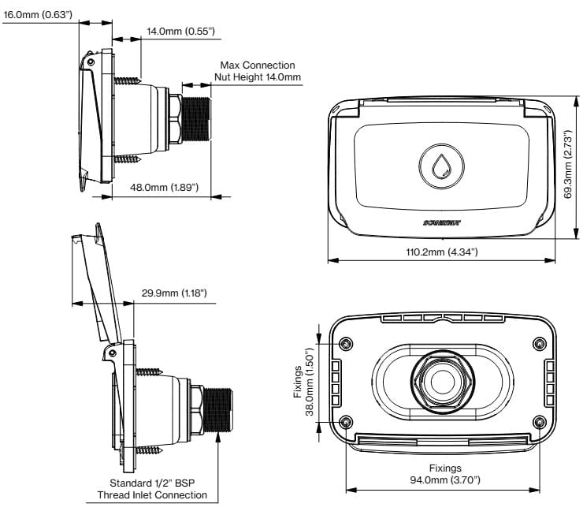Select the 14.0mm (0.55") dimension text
(180, 31)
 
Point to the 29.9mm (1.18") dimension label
(174, 293)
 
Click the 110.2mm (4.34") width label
(441, 252)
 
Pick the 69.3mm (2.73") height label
(570, 167)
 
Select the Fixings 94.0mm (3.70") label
(442, 473)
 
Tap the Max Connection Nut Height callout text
(258, 71)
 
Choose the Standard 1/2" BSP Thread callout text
(152, 489)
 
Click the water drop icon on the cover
(441, 165)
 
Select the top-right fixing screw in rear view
(539, 344)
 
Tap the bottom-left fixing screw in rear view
(347, 422)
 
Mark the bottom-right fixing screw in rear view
(539, 422)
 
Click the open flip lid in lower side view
(100, 284)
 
